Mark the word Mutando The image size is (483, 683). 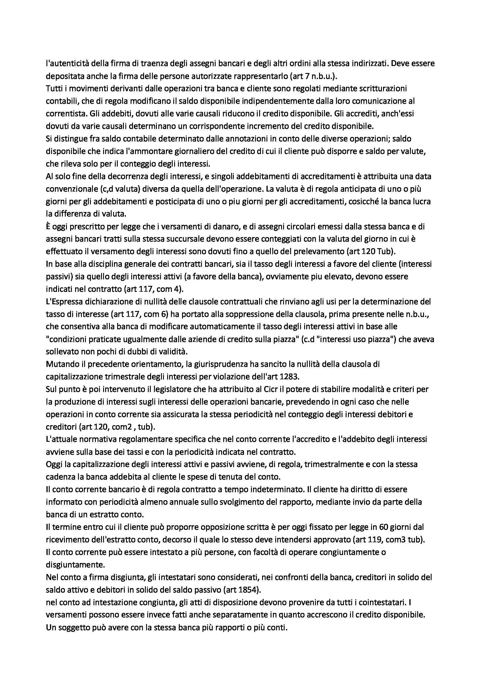click(60, 364)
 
